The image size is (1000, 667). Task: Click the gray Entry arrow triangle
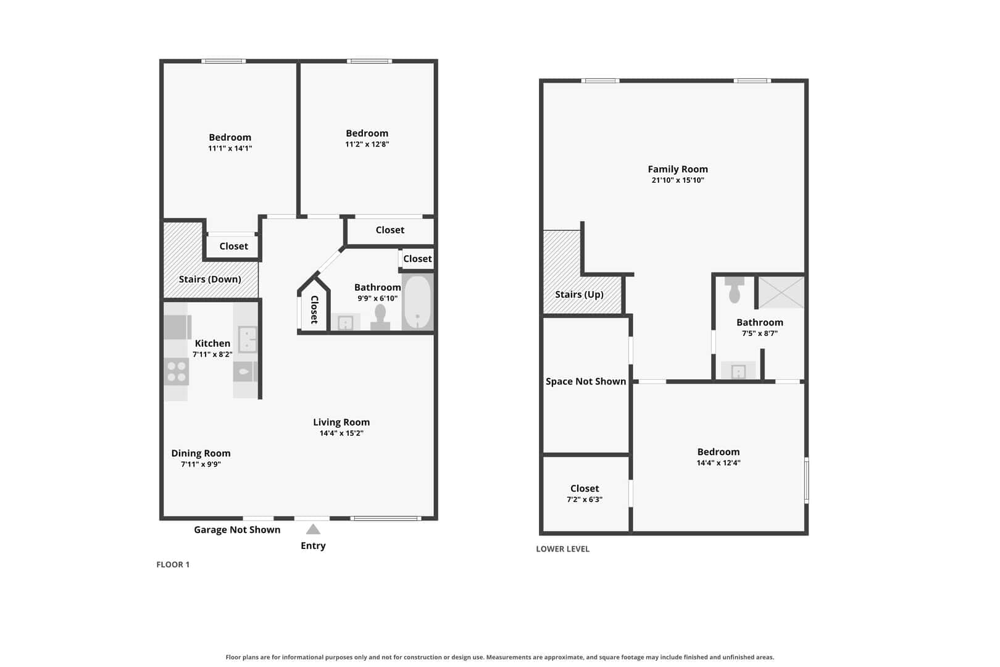click(x=313, y=529)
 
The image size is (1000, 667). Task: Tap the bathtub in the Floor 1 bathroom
click(x=417, y=303)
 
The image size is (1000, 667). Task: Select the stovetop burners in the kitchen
click(x=177, y=372)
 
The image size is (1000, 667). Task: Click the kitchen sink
click(x=248, y=340)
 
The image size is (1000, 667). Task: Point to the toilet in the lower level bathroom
click(x=735, y=290)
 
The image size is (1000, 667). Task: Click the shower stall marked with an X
click(x=781, y=292)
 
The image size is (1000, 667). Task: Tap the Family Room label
click(x=678, y=169)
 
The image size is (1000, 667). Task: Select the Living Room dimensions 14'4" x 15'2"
click(x=341, y=433)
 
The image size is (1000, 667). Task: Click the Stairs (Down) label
click(x=210, y=279)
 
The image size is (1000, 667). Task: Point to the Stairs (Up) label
click(x=579, y=295)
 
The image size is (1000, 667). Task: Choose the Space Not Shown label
click(x=586, y=382)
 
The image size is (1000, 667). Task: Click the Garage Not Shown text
click(x=237, y=530)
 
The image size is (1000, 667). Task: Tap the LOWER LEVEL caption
click(x=562, y=549)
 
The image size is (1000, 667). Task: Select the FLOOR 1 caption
click(x=173, y=564)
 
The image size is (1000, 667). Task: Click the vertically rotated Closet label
click(x=314, y=309)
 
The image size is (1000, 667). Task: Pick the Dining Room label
click(x=201, y=453)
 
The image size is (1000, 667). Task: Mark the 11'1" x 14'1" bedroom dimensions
click(x=230, y=148)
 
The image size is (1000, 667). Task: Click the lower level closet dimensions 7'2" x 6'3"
click(x=585, y=500)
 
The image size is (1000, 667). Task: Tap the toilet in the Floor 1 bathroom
click(x=380, y=317)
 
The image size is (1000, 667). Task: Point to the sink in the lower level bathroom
click(x=738, y=371)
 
